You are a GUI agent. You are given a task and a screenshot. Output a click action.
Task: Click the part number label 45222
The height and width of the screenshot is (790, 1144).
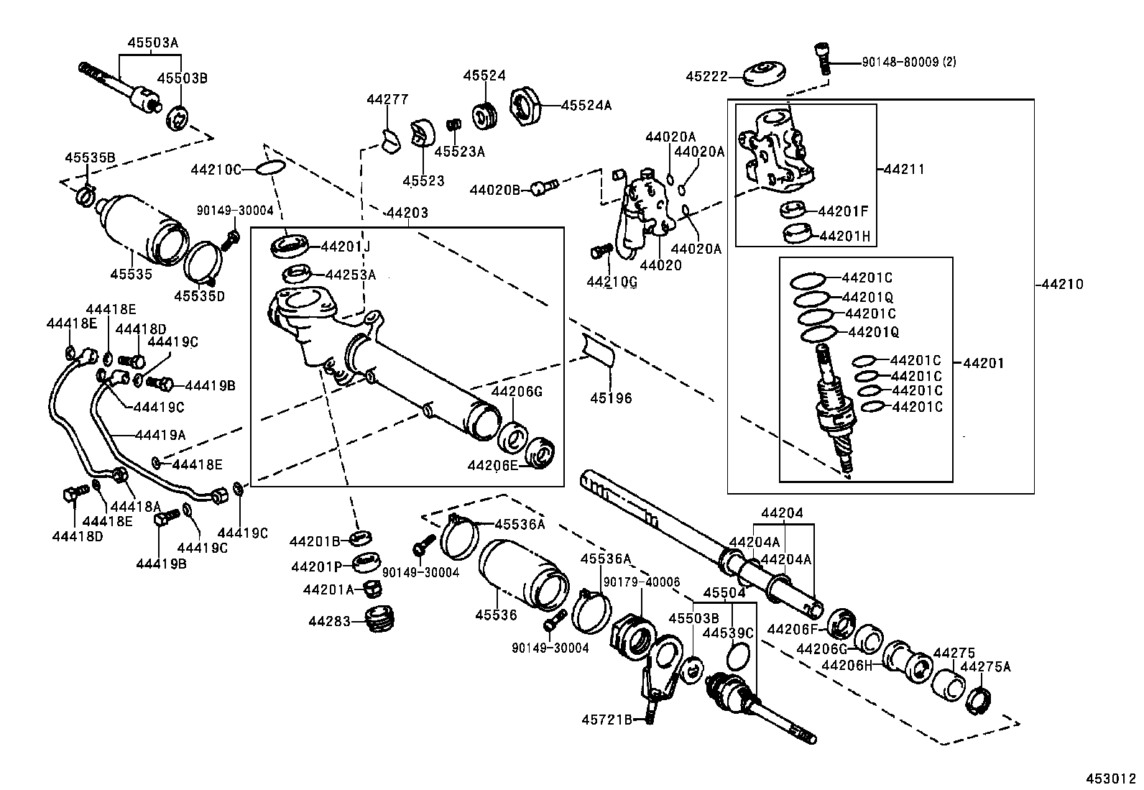click(706, 76)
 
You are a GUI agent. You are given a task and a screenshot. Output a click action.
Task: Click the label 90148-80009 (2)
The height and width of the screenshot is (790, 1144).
click(908, 63)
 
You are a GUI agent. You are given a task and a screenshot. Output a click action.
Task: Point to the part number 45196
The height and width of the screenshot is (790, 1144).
click(611, 398)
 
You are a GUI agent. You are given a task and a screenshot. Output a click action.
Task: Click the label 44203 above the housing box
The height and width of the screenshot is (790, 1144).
click(407, 213)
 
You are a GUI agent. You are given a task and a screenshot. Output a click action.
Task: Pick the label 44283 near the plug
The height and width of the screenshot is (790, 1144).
click(330, 620)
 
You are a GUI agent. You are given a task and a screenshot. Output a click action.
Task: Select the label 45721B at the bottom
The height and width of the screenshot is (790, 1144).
click(607, 719)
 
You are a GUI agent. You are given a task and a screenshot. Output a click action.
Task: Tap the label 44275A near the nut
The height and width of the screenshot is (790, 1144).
click(985, 666)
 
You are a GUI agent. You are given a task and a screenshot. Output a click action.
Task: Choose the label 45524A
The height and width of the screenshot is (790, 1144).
click(586, 105)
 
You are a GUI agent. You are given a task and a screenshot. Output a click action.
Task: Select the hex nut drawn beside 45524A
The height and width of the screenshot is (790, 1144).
click(528, 106)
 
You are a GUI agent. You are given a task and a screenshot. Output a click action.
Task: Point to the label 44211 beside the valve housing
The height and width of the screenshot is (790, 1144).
click(903, 170)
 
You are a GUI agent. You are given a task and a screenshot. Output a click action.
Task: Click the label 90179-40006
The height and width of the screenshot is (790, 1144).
click(641, 581)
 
